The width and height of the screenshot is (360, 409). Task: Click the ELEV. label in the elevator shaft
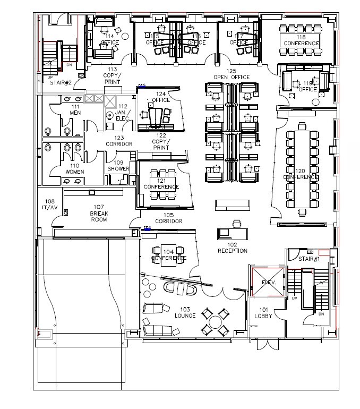pyautogui.click(x=270, y=283)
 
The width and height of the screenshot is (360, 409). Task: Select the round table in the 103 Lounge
pyautogui.click(x=215, y=321)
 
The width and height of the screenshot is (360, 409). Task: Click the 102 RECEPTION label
pyautogui.click(x=232, y=248)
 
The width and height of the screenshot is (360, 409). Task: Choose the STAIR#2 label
pyautogui.click(x=61, y=82)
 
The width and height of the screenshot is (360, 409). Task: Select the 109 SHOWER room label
pyautogui.click(x=118, y=166)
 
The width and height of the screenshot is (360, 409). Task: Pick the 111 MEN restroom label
pyautogui.click(x=75, y=110)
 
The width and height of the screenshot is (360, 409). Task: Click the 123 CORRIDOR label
pyautogui.click(x=118, y=141)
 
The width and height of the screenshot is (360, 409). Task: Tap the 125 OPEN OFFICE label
pyautogui.click(x=232, y=74)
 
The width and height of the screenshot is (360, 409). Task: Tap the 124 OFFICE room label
pyautogui.click(x=161, y=97)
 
